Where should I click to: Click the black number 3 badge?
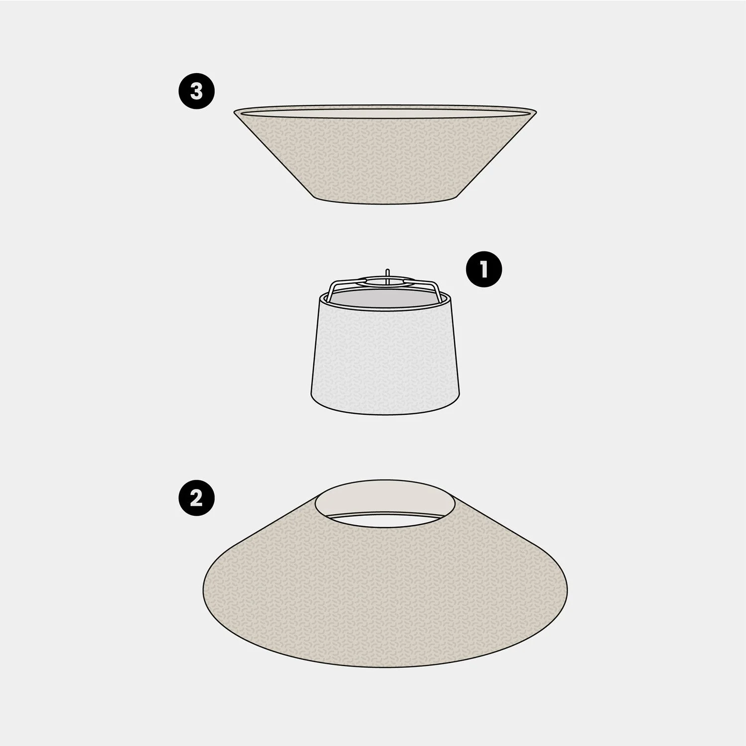pos(196,92)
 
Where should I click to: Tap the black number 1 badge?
pos(484,270)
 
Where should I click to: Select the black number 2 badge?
pos(196,498)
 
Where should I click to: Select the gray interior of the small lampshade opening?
pos(385,298)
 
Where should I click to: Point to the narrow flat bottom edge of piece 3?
pos(385,203)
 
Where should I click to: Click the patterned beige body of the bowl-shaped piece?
pos(385,159)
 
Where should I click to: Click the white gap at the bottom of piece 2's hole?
pos(385,520)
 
